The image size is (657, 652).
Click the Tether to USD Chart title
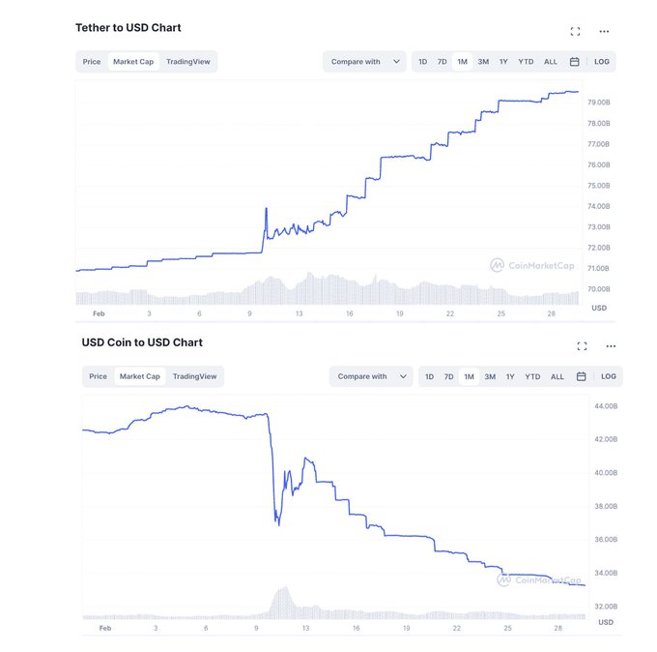128,28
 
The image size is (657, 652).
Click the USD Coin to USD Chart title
142,342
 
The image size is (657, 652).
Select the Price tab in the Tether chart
92,62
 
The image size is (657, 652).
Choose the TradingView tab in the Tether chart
189,62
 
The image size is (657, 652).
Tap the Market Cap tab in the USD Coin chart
140,376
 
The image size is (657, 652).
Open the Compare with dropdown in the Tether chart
364,62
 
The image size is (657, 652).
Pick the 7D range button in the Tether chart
443,62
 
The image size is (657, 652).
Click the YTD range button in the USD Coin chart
532,376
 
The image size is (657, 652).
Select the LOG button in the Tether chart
602,62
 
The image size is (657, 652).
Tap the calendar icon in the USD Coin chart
582,376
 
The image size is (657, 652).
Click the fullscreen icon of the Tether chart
576,31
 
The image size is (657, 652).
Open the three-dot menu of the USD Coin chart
611,345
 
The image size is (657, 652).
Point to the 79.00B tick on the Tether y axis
598,103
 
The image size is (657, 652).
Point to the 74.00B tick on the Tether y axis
598,206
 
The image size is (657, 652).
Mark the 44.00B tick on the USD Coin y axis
605,406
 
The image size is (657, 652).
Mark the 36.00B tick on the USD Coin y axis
605,540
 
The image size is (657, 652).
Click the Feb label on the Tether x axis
99,313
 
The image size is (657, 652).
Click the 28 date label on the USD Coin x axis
558,628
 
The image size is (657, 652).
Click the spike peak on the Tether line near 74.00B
266,207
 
